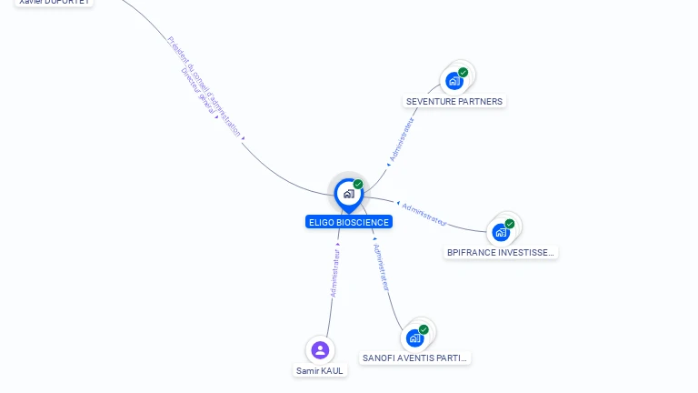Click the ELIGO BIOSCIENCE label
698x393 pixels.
click(349, 222)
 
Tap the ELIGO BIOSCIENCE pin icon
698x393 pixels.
click(348, 194)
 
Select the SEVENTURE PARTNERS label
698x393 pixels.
click(454, 101)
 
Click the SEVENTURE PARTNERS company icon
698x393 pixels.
click(454, 81)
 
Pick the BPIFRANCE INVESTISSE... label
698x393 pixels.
click(500, 252)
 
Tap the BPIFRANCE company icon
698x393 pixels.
click(501, 232)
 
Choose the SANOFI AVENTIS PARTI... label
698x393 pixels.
click(414, 358)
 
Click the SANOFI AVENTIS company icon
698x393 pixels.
click(414, 338)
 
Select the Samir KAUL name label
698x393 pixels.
click(320, 370)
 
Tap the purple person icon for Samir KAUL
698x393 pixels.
click(319, 349)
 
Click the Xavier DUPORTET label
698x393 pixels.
click(55, 3)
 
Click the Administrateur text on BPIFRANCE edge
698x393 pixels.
click(424, 214)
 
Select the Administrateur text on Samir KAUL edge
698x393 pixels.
click(334, 274)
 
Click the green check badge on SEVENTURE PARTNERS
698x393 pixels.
click(463, 72)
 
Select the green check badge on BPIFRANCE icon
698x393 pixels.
click(510, 223)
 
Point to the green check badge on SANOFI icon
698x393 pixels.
click(424, 329)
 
